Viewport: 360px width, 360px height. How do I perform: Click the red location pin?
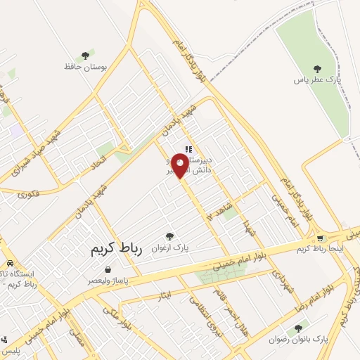pos(180,167)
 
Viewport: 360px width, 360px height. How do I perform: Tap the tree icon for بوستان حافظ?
pos(86,55)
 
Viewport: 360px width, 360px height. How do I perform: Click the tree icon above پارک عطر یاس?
pos(317,68)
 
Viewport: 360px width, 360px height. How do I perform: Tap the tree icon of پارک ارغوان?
pos(169,236)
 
